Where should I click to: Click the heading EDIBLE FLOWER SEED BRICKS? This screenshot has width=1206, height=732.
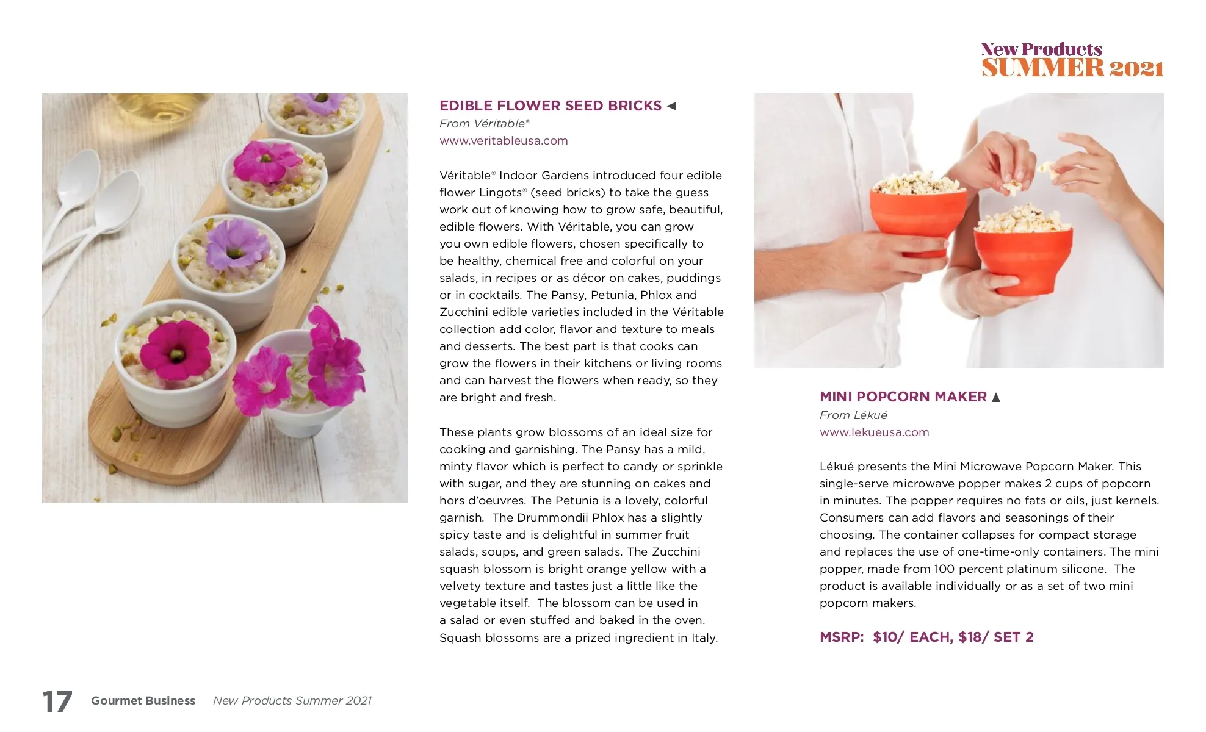point(550,106)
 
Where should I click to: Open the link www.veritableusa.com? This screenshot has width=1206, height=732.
point(504,141)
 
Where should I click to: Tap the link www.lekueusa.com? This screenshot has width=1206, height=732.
point(874,432)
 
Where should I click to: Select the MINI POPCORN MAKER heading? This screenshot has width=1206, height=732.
point(903,397)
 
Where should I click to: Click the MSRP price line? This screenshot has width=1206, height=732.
point(926,637)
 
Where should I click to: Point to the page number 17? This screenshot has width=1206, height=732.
point(57,701)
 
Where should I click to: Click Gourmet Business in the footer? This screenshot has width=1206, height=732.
point(143,701)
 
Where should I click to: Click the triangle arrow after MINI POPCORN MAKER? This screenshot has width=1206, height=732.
point(996,398)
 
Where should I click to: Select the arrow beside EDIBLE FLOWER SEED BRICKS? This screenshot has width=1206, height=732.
point(672,106)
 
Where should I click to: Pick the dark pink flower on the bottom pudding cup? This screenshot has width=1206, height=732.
point(175,350)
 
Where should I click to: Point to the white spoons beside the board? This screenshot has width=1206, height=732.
point(92,201)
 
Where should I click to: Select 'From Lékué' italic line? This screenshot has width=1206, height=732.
point(853,415)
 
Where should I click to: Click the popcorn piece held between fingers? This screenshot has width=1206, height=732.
point(1012,184)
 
